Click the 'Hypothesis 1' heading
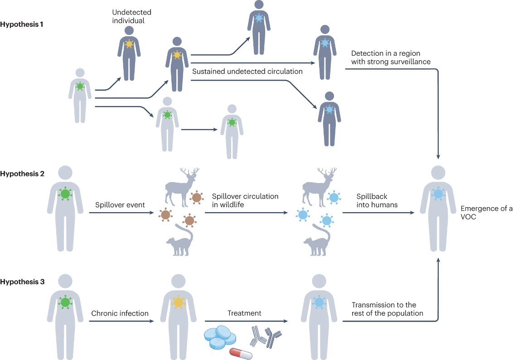click(22, 24)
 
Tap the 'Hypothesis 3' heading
click(22, 282)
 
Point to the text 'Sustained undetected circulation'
click(247, 72)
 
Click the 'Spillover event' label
click(120, 204)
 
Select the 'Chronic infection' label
click(120, 313)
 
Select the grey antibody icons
click(265, 336)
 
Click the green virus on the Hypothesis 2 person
click(66, 194)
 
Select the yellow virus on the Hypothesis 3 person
click(178, 302)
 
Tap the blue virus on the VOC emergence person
click(438, 194)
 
